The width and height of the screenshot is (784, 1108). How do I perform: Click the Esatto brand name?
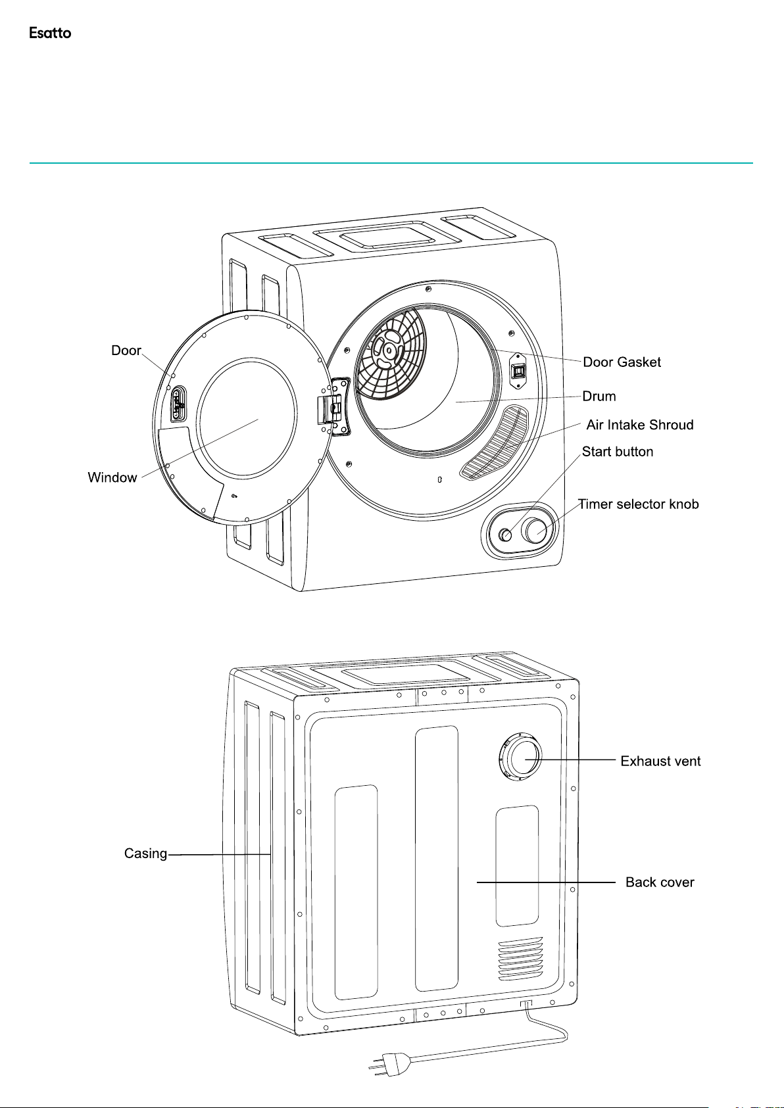pyautogui.click(x=50, y=33)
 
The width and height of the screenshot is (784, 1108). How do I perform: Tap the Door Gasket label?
pyautogui.click(x=622, y=362)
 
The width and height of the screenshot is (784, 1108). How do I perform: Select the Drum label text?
pyautogui.click(x=599, y=397)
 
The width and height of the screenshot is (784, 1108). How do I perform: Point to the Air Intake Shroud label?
pyautogui.click(x=640, y=425)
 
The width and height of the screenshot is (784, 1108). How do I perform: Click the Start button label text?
pyautogui.click(x=618, y=452)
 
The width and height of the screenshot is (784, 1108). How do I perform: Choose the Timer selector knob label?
pyautogui.click(x=639, y=504)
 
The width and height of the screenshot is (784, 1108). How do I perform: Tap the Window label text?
pyautogui.click(x=112, y=477)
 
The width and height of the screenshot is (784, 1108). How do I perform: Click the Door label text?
pyautogui.click(x=126, y=350)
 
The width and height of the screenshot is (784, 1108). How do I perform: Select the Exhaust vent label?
pyautogui.click(x=660, y=761)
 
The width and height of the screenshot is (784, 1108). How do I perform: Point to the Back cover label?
pyautogui.click(x=660, y=882)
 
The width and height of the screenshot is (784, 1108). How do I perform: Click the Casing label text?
pyautogui.click(x=145, y=854)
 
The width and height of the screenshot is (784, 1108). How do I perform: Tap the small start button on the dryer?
pyautogui.click(x=505, y=535)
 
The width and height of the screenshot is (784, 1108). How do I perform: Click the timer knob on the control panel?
pyautogui.click(x=536, y=530)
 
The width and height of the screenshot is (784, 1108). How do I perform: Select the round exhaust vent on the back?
pyautogui.click(x=520, y=758)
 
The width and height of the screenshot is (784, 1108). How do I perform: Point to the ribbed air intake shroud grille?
pyautogui.click(x=495, y=443)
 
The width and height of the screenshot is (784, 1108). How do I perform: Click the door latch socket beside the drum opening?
pyautogui.click(x=518, y=371)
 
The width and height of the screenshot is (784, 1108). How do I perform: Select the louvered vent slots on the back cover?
pyautogui.click(x=520, y=959)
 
